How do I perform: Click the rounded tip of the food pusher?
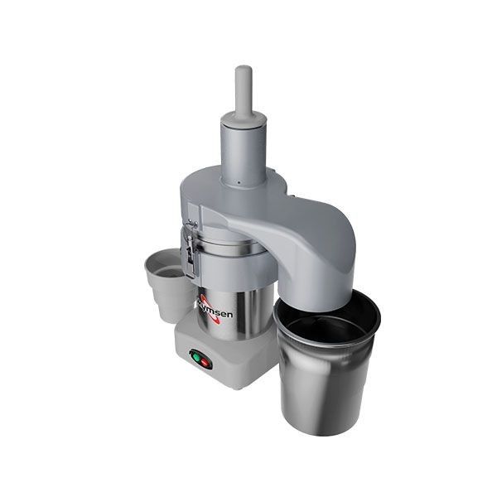243,72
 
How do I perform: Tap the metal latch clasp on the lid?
191,248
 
